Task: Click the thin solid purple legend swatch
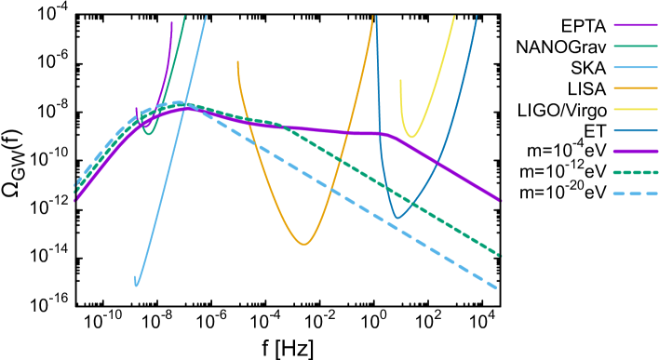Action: (636, 25)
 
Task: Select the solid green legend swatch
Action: (636, 46)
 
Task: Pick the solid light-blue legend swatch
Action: (636, 67)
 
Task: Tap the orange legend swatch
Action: (636, 88)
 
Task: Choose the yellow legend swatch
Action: (636, 109)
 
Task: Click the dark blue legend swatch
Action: (636, 130)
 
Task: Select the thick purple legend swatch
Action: (636, 151)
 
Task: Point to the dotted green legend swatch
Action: (636, 172)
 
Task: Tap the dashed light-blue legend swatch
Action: (636, 193)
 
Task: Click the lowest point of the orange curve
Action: (303, 245)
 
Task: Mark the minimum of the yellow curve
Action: (411, 138)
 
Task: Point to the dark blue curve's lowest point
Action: (397, 218)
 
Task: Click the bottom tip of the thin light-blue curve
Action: (136, 286)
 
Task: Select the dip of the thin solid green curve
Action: (148, 134)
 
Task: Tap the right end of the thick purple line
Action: (500, 200)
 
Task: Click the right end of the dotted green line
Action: (500, 255)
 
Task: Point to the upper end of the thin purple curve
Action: (171, 22)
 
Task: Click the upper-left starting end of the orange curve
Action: (237, 62)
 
